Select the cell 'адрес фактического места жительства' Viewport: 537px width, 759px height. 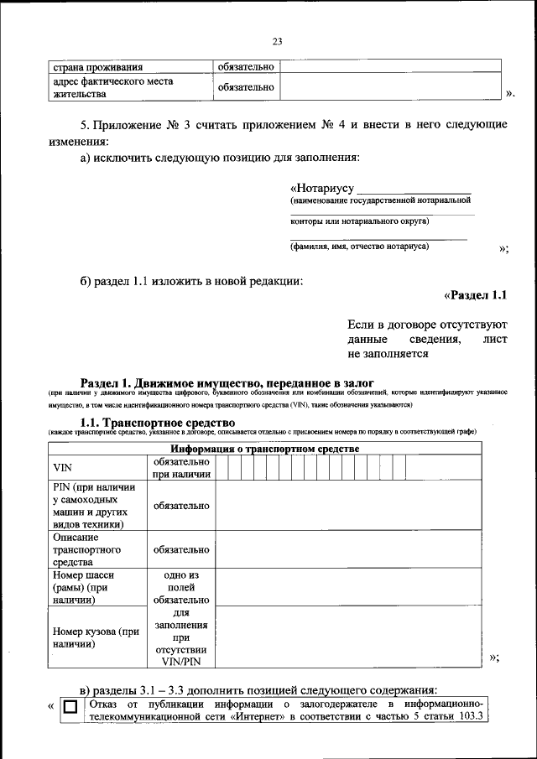[x=112, y=87]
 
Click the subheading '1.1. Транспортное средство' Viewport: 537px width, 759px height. [x=157, y=423]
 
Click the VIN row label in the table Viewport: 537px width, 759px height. [x=63, y=467]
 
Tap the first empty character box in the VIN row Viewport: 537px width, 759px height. [x=222, y=467]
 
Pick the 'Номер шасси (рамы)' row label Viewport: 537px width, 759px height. [x=83, y=588]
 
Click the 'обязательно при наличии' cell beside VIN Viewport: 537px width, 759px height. [x=180, y=467]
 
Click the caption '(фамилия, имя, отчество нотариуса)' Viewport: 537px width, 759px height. [x=359, y=247]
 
